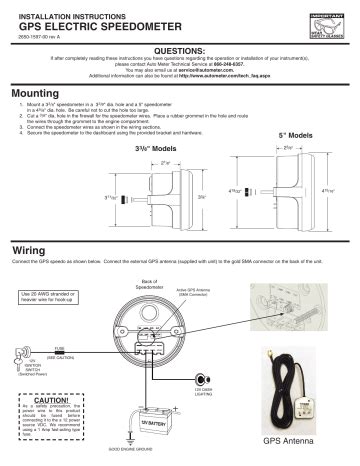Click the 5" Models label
pos(296,136)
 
